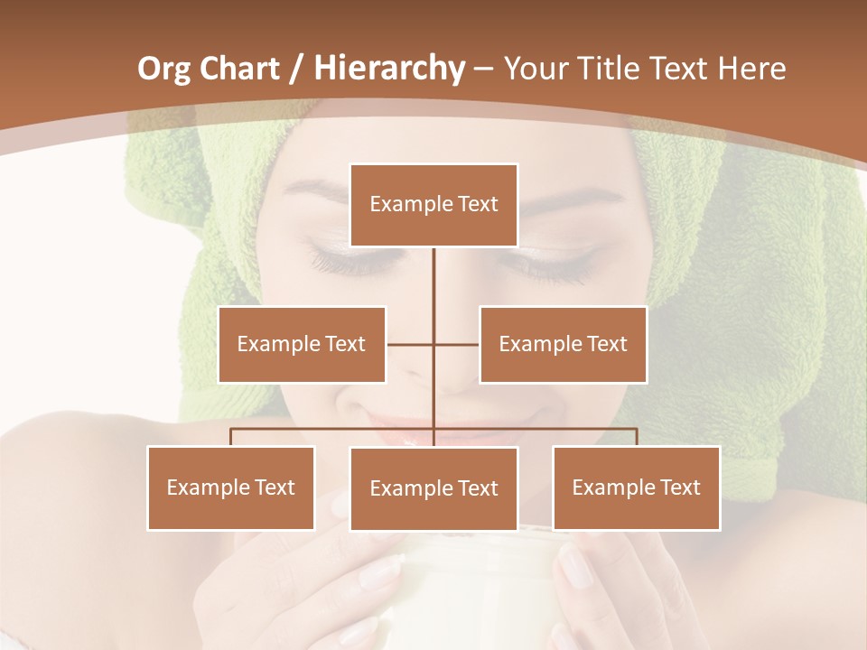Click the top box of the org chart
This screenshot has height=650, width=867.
[433, 204]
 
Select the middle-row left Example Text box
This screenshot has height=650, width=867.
[302, 344]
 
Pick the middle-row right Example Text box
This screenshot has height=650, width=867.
[563, 344]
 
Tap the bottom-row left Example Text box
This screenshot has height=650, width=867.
[231, 487]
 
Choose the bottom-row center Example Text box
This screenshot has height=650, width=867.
[433, 488]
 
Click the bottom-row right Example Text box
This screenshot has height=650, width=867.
[636, 487]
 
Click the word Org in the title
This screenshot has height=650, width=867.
[163, 69]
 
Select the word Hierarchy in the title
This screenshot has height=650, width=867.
[388, 69]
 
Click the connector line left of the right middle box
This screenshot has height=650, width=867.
[457, 344]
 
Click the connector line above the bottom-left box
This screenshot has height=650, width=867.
[231, 437]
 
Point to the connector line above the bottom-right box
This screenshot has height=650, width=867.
[637, 437]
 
